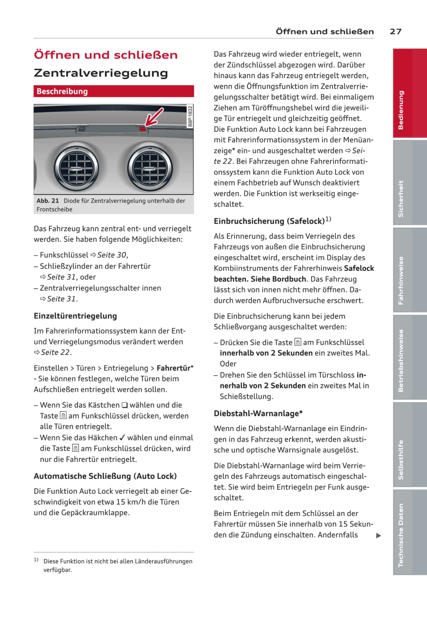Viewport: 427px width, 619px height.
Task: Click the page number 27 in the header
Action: (396, 31)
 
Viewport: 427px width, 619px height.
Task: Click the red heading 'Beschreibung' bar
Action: (114, 91)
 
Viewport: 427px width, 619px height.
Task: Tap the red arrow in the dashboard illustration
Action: (154, 116)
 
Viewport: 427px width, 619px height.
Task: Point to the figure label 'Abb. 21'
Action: (47, 201)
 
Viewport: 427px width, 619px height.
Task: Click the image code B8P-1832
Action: (190, 116)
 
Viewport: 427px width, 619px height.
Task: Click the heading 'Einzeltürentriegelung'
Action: (75, 316)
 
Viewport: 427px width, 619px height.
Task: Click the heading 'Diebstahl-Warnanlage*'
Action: (258, 414)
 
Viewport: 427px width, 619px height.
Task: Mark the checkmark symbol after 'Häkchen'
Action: (122, 438)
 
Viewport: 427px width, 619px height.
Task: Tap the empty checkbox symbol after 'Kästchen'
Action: (125, 405)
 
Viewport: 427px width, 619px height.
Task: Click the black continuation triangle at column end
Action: (378, 536)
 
